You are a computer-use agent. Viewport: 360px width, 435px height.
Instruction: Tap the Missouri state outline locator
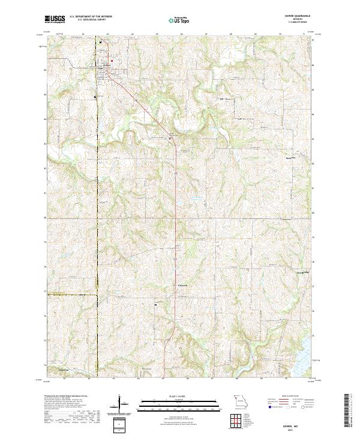(x=240, y=400)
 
